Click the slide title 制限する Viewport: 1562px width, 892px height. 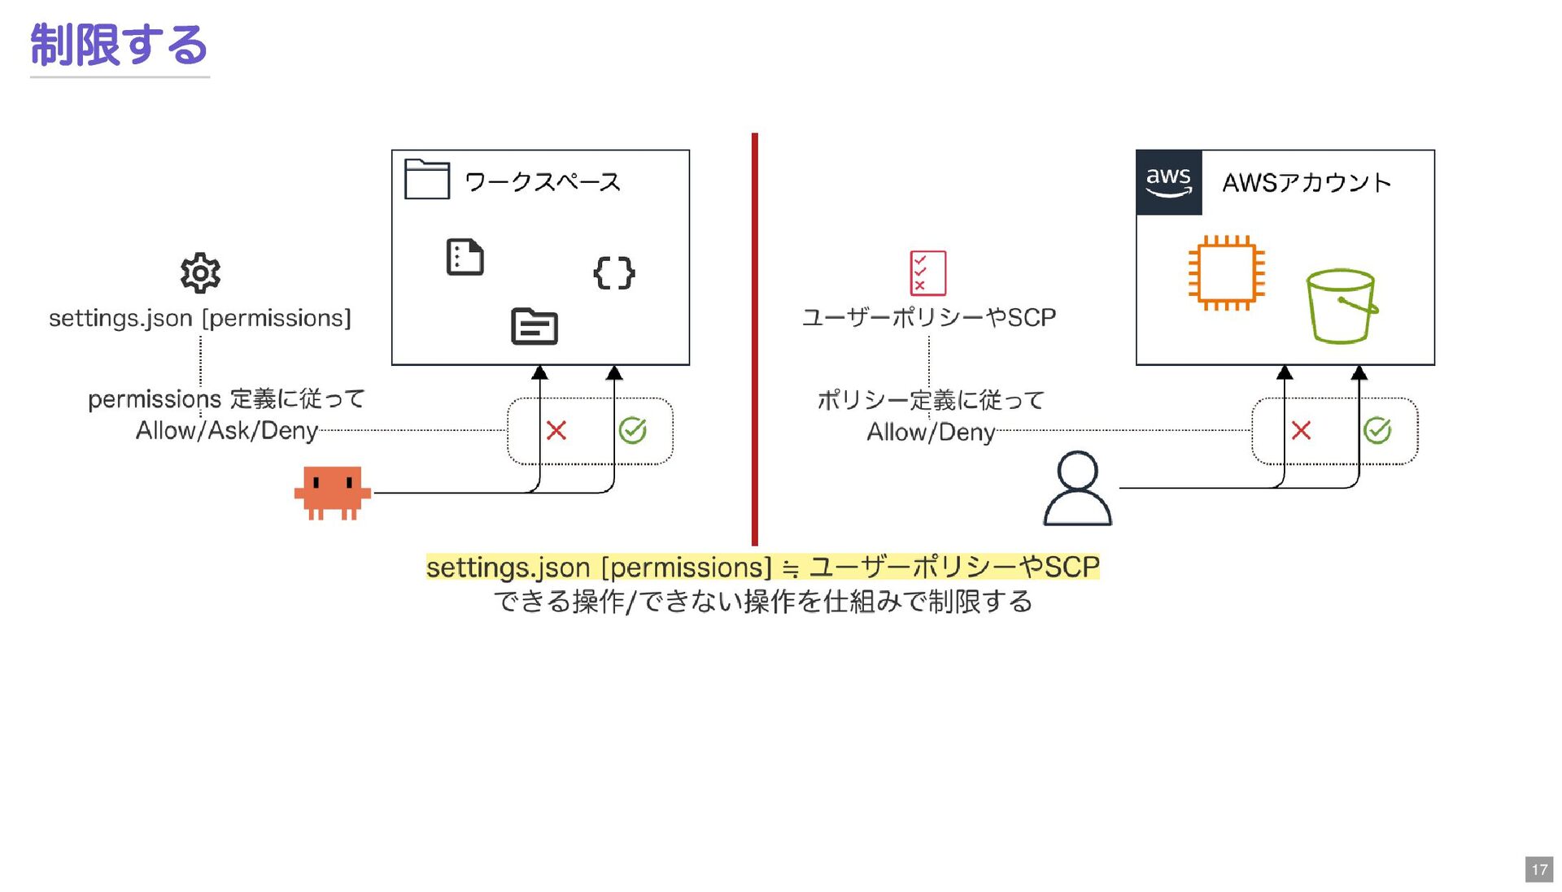tap(119, 45)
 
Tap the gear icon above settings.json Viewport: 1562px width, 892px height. tap(200, 273)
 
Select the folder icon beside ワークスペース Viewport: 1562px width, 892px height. tap(427, 179)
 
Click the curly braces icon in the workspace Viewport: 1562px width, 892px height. tap(614, 273)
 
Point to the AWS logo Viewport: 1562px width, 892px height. tap(1168, 182)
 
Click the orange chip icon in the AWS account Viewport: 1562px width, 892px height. tap(1226, 273)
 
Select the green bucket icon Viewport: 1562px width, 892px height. tap(1341, 306)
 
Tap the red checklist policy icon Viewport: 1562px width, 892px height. tap(928, 273)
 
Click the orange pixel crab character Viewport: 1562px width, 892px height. tap(333, 492)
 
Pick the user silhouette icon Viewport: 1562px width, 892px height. tap(1077, 489)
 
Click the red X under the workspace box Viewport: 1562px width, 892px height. tap(556, 430)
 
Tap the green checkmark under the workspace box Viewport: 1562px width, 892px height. tap(632, 430)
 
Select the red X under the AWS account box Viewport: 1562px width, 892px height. tap(1301, 430)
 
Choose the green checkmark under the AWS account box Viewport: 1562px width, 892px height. tap(1377, 430)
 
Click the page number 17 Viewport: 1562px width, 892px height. tap(1539, 869)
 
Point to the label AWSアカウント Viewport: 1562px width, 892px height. tap(1307, 183)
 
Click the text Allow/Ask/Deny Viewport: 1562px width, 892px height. tap(226, 430)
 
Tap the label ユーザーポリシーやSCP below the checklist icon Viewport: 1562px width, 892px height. tap(929, 317)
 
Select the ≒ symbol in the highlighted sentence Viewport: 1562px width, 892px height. tap(790, 569)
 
